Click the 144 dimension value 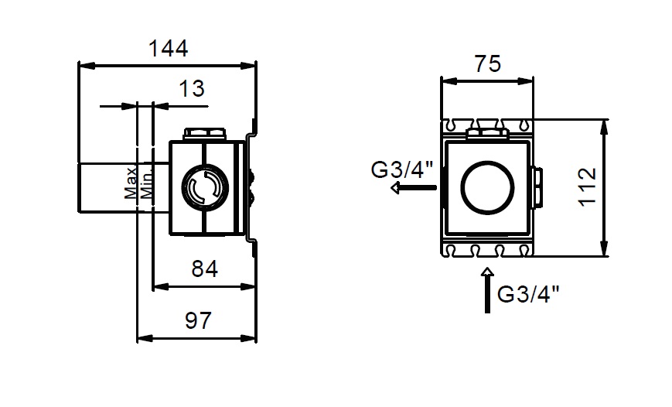pos(168,48)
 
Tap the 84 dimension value pos(203,268)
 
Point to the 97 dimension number pos(198,320)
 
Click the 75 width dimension pos(487,63)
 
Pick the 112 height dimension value pos(589,187)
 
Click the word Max pos(131,183)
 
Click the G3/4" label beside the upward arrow pos(528,294)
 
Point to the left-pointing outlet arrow pos(412,187)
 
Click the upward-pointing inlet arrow pos(487,289)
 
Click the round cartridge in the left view pos(205,188)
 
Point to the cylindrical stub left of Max pos(107,187)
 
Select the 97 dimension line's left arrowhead pos(142,338)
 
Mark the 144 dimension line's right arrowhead pos(251,65)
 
